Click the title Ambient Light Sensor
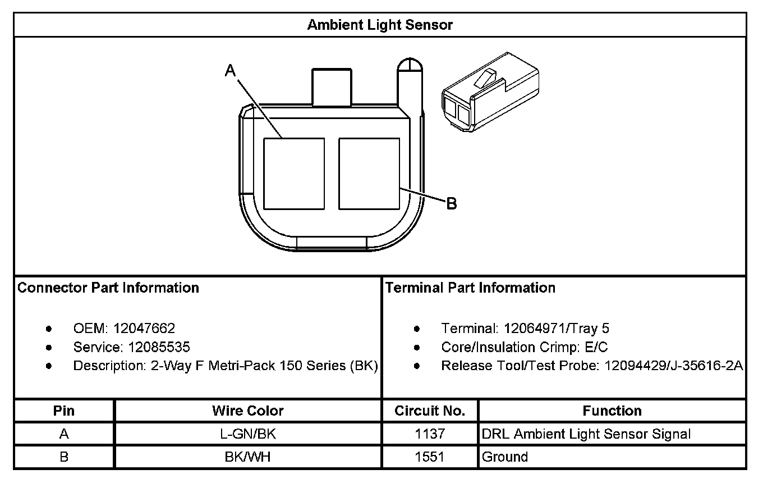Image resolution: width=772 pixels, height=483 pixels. coord(380,25)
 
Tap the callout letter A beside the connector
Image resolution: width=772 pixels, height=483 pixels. coord(230,71)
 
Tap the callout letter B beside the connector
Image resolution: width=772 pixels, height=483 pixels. coord(452,203)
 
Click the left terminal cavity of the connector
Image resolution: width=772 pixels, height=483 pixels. coord(294,174)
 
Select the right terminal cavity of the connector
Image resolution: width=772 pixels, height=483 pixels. coord(369,174)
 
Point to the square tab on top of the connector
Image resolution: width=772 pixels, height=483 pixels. coord(332,87)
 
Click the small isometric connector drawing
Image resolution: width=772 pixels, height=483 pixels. coord(490,92)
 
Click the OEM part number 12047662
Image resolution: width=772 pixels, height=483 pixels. coord(144,329)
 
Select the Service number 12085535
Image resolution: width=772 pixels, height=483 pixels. coord(159,347)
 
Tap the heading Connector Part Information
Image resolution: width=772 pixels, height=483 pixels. coord(108,288)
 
